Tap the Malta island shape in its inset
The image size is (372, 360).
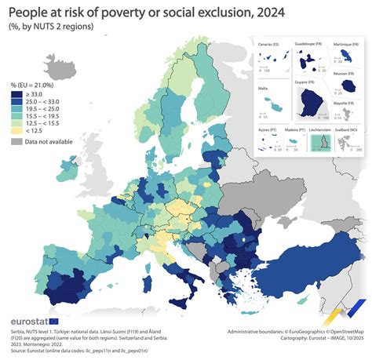[273, 102]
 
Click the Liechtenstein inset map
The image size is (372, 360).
[318, 142]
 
